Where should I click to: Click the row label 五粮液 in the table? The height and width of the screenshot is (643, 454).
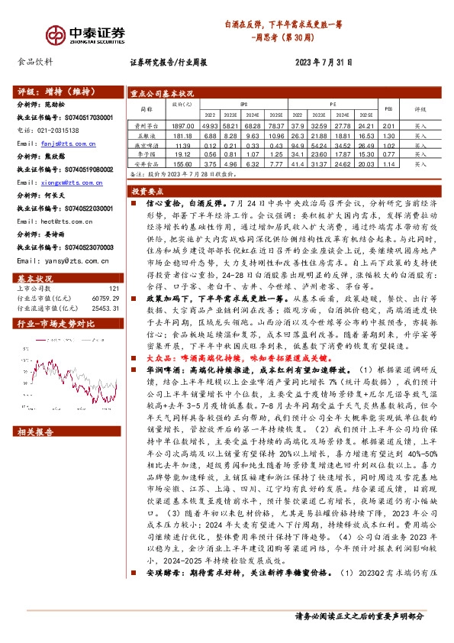point(145,134)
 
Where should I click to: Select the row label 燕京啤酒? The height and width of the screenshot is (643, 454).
point(145,144)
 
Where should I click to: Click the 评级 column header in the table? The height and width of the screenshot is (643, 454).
point(420,109)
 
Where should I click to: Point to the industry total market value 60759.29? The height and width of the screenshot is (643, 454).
point(106,298)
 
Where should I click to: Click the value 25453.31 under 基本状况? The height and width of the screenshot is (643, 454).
point(106,308)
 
